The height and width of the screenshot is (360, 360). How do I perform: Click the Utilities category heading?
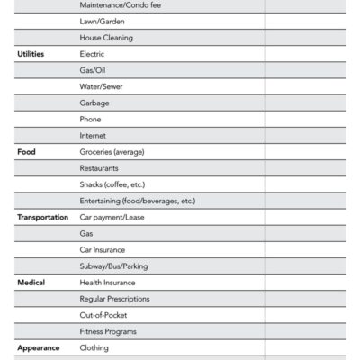31,54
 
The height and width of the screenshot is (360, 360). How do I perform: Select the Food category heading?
26,152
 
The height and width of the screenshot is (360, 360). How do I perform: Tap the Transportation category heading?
42,217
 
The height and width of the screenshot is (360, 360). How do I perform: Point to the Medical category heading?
31,283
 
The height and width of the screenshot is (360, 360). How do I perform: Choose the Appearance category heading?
39,347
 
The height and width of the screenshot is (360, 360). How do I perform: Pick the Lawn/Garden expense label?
103,22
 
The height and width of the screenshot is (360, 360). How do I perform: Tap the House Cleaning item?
106,38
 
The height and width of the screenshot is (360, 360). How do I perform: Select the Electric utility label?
93,54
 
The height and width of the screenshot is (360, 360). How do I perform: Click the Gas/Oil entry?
94,70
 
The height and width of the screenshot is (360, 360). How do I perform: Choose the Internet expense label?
93,136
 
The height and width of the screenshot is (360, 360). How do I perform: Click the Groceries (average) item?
112,152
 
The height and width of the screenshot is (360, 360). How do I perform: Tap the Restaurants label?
99,168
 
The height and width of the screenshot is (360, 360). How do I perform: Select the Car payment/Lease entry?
112,217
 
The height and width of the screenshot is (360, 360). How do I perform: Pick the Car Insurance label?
103,249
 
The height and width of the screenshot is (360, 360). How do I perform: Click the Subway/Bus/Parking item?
114,265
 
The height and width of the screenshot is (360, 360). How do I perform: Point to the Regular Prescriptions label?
114,299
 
